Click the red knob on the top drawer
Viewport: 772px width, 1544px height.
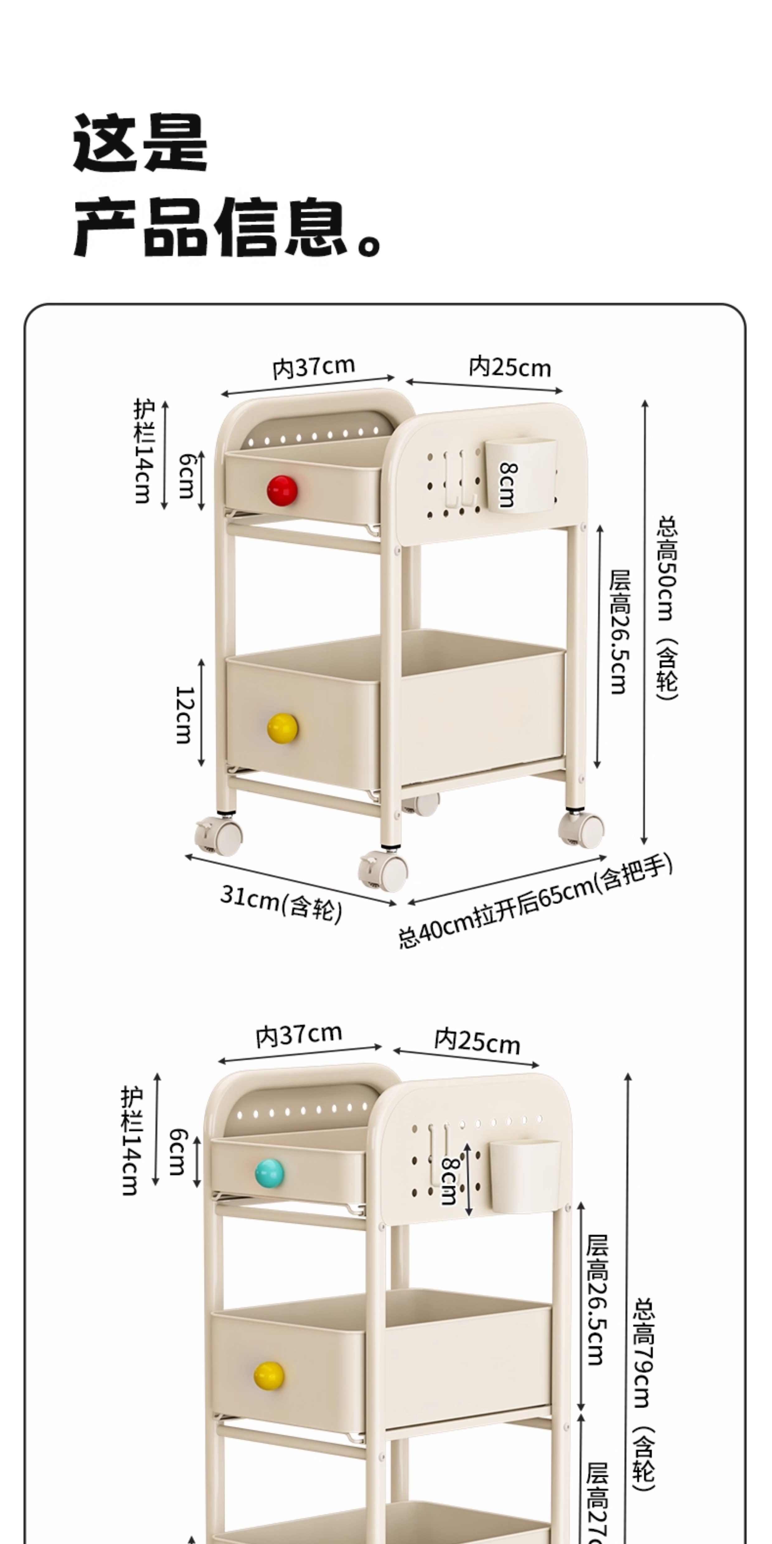click(x=282, y=490)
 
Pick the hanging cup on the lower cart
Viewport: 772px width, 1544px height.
click(x=525, y=1176)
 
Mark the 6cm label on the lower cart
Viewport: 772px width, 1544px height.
click(x=177, y=1151)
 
